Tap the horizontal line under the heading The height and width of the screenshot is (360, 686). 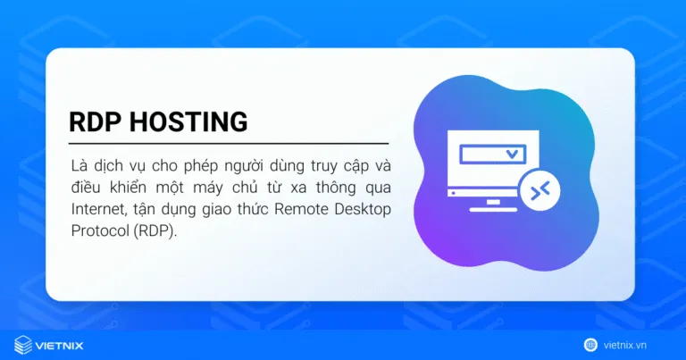(x=229, y=143)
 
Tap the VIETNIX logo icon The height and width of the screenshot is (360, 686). (x=23, y=343)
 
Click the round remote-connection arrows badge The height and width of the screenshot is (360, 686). (x=542, y=190)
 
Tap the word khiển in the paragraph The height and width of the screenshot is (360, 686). (x=125, y=188)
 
